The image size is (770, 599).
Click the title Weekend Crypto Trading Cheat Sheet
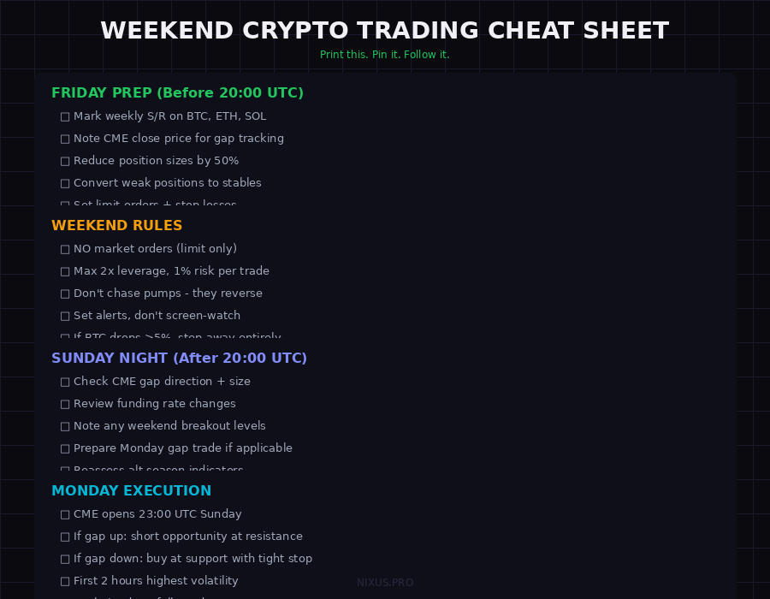tap(384, 31)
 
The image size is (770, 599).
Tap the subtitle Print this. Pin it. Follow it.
tap(384, 55)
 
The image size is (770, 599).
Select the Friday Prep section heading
tap(177, 93)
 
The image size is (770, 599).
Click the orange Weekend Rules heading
tap(116, 226)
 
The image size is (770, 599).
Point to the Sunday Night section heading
tap(179, 359)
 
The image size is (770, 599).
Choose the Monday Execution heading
tap(131, 491)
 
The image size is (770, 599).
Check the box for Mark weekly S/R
tap(65, 116)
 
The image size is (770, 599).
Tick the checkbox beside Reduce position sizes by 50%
tap(65, 161)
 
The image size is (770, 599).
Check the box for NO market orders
tap(65, 249)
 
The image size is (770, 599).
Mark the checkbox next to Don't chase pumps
tap(65, 294)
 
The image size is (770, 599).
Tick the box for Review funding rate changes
tap(65, 404)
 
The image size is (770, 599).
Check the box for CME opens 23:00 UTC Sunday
tap(65, 514)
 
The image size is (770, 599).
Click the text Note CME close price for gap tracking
tap(178, 139)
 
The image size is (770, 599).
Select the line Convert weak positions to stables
tap(167, 183)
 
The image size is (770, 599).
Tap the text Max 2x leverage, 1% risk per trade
tap(171, 271)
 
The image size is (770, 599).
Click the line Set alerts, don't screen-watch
tap(157, 316)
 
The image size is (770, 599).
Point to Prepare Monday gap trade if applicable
tap(182, 448)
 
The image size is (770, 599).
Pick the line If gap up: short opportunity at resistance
tap(187, 537)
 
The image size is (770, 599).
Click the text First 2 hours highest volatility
tap(156, 581)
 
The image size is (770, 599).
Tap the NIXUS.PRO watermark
tap(385, 583)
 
